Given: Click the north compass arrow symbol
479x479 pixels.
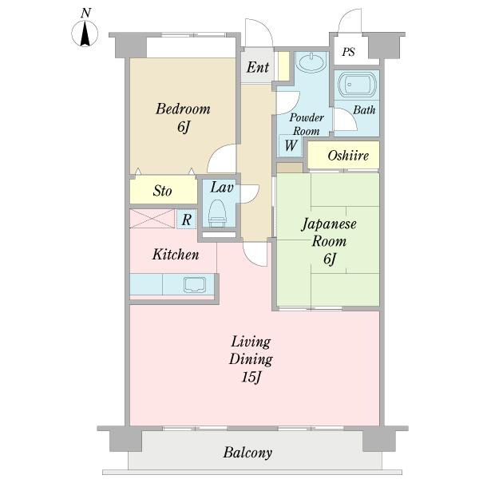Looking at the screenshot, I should (x=85, y=34).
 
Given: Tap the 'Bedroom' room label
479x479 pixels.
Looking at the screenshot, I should (x=183, y=109).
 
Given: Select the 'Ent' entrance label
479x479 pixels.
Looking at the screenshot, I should (x=257, y=68).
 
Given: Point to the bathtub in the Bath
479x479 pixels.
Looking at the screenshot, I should (x=355, y=86).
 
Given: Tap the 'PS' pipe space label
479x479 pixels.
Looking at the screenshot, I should (x=348, y=52).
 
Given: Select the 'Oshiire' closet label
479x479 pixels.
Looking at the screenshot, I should (x=348, y=156).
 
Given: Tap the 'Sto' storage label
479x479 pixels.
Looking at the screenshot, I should (x=163, y=192).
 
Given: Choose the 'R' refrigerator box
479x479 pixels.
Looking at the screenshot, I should (x=185, y=220).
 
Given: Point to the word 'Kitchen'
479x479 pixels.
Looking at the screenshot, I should (x=175, y=255).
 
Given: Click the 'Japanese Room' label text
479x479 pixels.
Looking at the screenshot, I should (x=328, y=232).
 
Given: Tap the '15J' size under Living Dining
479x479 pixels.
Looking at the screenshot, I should (x=252, y=378).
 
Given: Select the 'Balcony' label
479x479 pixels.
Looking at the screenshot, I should (x=247, y=453).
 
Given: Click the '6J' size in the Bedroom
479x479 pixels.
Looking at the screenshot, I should (x=183, y=127).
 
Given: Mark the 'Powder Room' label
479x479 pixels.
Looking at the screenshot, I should (x=306, y=125).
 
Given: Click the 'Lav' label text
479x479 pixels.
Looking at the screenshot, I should (x=221, y=188).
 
